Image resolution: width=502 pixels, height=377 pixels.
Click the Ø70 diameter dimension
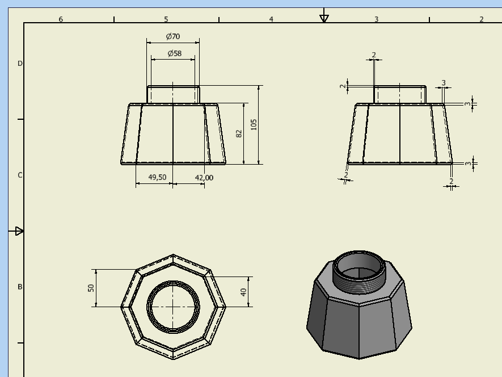[x=173, y=36]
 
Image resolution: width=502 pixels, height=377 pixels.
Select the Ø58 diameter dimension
[x=174, y=53]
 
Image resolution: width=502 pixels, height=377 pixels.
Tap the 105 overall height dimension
[x=254, y=124]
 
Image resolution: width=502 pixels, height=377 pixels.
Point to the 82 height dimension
[x=239, y=133]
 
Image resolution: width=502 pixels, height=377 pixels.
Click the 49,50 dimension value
[x=157, y=177]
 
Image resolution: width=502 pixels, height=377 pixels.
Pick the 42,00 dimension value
[x=204, y=177]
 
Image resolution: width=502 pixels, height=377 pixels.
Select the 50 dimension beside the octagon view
[x=91, y=288]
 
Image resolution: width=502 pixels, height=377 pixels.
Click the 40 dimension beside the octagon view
[x=244, y=292]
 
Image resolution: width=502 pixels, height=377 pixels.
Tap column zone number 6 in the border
[x=61, y=19]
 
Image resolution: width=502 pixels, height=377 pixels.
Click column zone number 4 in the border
[x=271, y=19]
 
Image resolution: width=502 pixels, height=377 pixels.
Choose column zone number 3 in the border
[x=376, y=19]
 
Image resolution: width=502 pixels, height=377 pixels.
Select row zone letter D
[x=20, y=64]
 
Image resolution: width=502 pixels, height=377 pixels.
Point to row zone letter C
[x=20, y=175]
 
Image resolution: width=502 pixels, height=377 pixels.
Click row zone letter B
[x=20, y=287]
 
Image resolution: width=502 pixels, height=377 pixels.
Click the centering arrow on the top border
[x=324, y=17]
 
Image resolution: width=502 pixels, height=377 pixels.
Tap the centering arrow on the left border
[x=18, y=231]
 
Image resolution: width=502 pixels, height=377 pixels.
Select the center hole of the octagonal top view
[x=173, y=307]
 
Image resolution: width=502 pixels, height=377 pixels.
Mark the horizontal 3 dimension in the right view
[x=444, y=83]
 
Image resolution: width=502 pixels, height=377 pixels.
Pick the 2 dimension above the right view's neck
[x=374, y=55]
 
